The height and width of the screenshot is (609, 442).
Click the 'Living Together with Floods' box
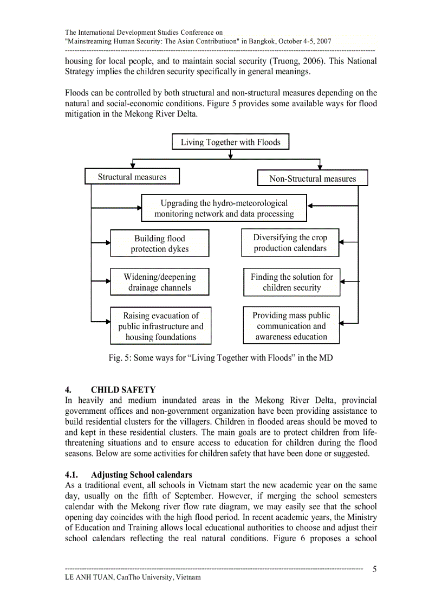tap(231, 142)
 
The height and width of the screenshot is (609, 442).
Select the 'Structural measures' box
tap(132, 177)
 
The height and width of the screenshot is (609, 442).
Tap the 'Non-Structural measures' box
tap(313, 178)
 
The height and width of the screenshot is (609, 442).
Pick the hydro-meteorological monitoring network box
tap(224, 208)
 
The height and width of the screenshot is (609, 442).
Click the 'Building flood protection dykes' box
tap(159, 243)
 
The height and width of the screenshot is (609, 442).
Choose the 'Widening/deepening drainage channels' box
tap(159, 282)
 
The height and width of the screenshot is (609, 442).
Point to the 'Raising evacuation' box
tap(160, 326)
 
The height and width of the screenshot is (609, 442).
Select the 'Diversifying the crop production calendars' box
tap(290, 243)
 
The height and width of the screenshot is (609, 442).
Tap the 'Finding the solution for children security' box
tap(291, 282)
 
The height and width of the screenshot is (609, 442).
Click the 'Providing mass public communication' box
tap(291, 325)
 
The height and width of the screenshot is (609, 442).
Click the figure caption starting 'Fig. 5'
tap(220, 358)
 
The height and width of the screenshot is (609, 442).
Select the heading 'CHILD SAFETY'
tap(123, 390)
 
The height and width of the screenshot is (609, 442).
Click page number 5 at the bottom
tap(375, 569)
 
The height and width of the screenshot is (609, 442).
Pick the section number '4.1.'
tap(73, 475)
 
